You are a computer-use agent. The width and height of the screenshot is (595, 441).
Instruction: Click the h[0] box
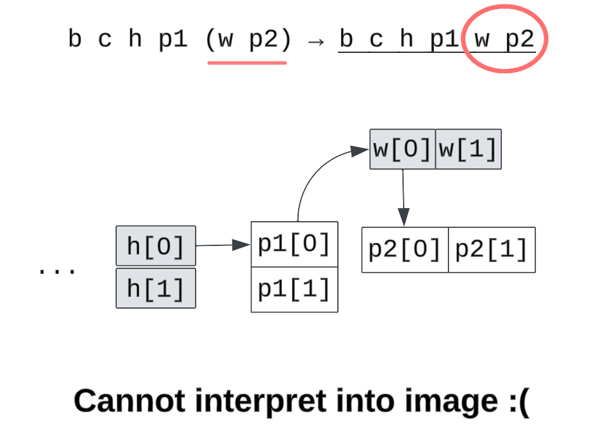pyautogui.click(x=156, y=246)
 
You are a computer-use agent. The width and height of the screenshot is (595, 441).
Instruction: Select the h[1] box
pyautogui.click(x=156, y=288)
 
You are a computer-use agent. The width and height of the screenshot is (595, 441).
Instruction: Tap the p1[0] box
pyautogui.click(x=294, y=244)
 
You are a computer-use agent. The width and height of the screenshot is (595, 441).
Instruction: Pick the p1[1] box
pyautogui.click(x=294, y=289)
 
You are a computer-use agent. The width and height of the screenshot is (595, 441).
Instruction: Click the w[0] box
pyautogui.click(x=402, y=149)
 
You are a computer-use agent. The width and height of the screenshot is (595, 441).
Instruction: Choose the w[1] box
pyautogui.click(x=468, y=149)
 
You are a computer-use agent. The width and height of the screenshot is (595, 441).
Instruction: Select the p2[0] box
pyautogui.click(x=405, y=250)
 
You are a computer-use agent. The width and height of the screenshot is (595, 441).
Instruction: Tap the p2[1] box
pyautogui.click(x=491, y=250)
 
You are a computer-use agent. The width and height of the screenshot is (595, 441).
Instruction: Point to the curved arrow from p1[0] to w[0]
pyautogui.click(x=311, y=180)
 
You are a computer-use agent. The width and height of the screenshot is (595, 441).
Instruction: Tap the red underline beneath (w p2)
pyautogui.click(x=247, y=62)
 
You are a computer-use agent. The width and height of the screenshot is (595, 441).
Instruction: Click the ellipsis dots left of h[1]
pyautogui.click(x=57, y=271)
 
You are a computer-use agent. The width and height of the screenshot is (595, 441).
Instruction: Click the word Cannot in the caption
pyautogui.click(x=130, y=401)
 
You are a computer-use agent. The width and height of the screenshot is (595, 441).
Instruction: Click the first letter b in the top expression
pyautogui.click(x=75, y=39)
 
